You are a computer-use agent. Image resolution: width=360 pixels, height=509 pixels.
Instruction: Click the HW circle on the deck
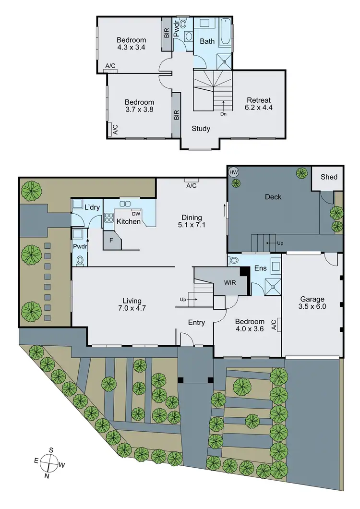pyautogui.click(x=234, y=172)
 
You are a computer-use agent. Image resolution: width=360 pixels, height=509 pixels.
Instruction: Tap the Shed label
pyautogui.click(x=329, y=177)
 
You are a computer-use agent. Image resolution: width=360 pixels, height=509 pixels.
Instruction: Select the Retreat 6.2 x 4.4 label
pyautogui.click(x=259, y=104)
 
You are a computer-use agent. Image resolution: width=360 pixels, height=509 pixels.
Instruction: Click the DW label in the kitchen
pyautogui.click(x=136, y=214)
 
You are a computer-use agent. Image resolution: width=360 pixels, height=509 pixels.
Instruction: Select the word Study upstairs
pyautogui.click(x=201, y=128)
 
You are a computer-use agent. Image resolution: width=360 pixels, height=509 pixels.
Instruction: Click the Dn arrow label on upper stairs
pyautogui.click(x=223, y=114)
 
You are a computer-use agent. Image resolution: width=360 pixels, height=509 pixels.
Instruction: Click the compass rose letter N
pyautogui.click(x=47, y=476)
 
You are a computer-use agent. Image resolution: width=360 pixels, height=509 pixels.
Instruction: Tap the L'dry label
pyautogui.click(x=92, y=207)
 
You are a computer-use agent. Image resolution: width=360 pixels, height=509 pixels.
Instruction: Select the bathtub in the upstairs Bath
pyautogui.click(x=225, y=33)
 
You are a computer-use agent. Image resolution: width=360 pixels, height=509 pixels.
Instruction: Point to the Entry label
pyautogui.click(x=196, y=323)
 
